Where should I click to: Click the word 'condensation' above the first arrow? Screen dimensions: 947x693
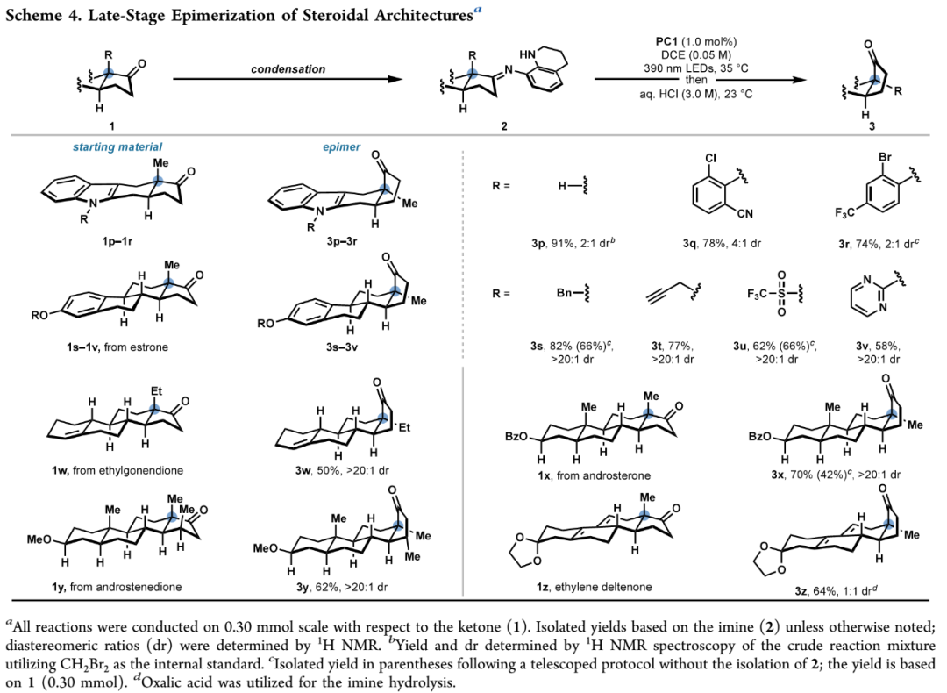(288, 69)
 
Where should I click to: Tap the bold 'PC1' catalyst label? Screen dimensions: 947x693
(667, 42)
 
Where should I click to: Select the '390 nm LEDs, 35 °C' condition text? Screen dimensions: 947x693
(695, 68)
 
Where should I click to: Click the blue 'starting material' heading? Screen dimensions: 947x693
(117, 146)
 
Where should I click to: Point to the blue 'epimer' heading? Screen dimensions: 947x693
(341, 146)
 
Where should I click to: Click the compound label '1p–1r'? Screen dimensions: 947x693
(117, 242)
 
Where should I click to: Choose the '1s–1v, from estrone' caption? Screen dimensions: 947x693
(117, 346)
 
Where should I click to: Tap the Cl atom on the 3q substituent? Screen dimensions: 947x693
(710, 158)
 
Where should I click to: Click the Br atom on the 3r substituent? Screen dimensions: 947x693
(885, 157)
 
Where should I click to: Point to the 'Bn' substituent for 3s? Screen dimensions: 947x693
(564, 293)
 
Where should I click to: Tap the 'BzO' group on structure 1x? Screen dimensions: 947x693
(516, 436)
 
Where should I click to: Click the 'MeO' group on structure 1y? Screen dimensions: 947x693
(39, 539)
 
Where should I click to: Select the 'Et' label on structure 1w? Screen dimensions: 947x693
(156, 391)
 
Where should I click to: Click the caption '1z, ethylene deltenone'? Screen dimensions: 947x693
(595, 587)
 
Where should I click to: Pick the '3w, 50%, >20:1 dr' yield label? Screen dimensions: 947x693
(343, 470)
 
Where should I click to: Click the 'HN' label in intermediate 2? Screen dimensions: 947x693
(527, 54)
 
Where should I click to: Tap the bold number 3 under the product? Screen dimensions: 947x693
(872, 126)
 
